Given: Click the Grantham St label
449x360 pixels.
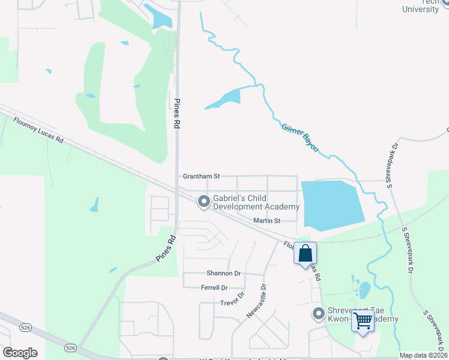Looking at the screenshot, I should click(x=201, y=176).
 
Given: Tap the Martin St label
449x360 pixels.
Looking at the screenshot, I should click(x=267, y=221).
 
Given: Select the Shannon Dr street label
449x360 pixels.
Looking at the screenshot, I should click(x=223, y=273).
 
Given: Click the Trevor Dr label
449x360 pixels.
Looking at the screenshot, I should click(x=234, y=298).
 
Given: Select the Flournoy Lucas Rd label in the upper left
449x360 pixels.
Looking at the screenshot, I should click(x=38, y=130).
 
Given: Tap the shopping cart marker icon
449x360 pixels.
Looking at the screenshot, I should click(x=363, y=321).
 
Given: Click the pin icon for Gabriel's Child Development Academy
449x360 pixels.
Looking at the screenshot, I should click(x=203, y=202).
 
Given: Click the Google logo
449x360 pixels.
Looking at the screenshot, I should click(x=20, y=353).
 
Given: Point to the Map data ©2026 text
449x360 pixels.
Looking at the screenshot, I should click(x=423, y=355).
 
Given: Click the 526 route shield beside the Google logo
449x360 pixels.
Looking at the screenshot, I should click(x=71, y=348).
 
